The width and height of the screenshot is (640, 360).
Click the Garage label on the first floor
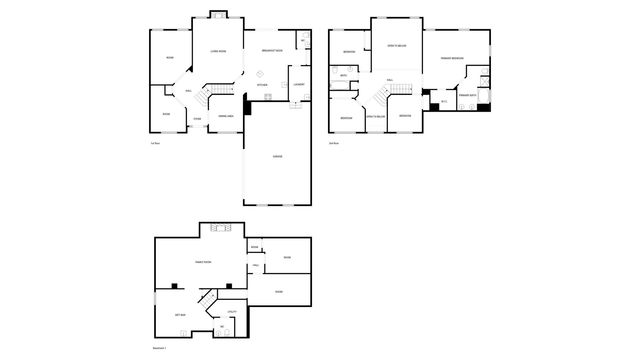tap(277, 158)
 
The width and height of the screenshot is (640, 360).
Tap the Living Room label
tap(217, 50)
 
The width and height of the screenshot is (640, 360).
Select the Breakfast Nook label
tap(272, 50)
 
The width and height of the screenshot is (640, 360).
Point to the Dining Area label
tap(226, 117)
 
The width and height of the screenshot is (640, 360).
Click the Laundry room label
tap(298, 84)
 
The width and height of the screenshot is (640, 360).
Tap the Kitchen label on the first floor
tap(262, 85)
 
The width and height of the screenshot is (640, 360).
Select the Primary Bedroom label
tap(451, 59)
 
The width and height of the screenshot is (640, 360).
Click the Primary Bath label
tap(466, 95)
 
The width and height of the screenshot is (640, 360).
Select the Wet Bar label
tap(181, 314)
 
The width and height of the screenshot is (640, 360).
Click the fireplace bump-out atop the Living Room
tap(217, 15)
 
